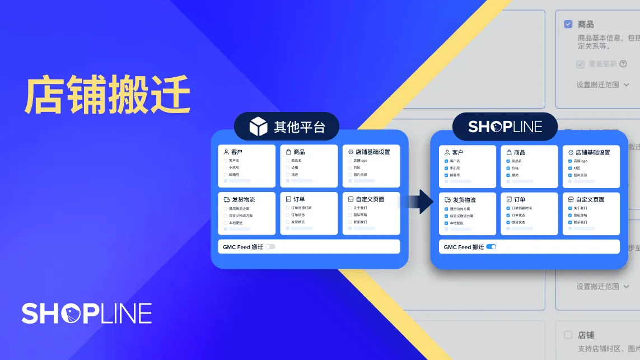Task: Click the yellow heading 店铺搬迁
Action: click(108, 95)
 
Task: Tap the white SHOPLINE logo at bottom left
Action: click(87, 314)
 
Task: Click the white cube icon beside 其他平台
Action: click(259, 127)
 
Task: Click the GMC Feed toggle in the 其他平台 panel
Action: click(270, 246)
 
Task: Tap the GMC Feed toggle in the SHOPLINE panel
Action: click(491, 247)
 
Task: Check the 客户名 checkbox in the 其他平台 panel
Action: click(225, 160)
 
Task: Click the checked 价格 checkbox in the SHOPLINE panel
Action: click(508, 168)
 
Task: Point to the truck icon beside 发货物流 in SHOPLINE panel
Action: click(446, 200)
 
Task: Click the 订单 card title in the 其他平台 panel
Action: click(299, 199)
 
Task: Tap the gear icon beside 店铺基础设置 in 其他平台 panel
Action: click(351, 152)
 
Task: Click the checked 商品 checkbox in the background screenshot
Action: click(568, 24)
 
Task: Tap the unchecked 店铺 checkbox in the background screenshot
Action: click(568, 335)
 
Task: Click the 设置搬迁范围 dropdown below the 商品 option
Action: click(603, 85)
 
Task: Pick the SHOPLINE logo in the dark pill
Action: click(505, 127)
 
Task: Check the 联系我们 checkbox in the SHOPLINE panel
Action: click(570, 222)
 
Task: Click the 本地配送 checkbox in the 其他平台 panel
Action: click(225, 222)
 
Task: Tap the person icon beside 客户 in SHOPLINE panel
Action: click(446, 152)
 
